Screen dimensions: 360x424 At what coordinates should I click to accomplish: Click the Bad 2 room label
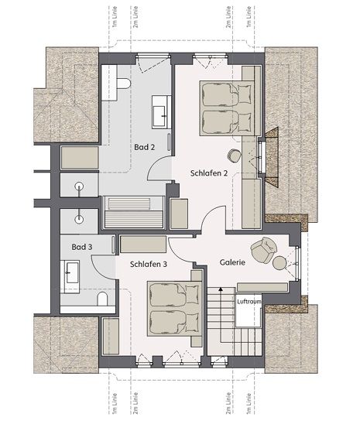pyautogui.click(x=145, y=147)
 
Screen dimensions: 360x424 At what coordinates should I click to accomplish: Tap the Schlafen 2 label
pyautogui.click(x=209, y=173)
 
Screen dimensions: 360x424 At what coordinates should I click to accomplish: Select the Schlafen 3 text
pyautogui.click(x=149, y=264)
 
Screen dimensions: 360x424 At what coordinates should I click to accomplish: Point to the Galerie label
pyautogui.click(x=232, y=262)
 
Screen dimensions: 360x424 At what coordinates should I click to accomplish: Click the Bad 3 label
pyautogui.click(x=82, y=247)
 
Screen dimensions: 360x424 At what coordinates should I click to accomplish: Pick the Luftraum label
pyautogui.click(x=249, y=302)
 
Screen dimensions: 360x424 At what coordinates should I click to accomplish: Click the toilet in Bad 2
pyautogui.click(x=124, y=84)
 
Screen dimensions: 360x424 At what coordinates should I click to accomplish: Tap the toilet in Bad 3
pyautogui.click(x=102, y=299)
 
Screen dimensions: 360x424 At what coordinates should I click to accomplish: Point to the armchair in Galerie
pyautogui.click(x=263, y=250)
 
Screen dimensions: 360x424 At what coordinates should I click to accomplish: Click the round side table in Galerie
pyautogui.click(x=279, y=263)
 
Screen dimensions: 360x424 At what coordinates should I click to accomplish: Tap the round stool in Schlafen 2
pyautogui.click(x=233, y=156)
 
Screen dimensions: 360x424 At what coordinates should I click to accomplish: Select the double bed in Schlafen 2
pyautogui.click(x=228, y=108)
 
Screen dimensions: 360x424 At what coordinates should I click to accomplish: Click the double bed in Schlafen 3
pyautogui.click(x=175, y=309)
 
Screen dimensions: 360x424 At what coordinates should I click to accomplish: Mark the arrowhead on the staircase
pyautogui.click(x=221, y=289)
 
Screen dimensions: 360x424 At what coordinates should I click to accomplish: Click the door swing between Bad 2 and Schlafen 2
pyautogui.click(x=159, y=168)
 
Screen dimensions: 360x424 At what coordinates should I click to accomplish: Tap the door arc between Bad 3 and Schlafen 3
pyautogui.click(x=104, y=267)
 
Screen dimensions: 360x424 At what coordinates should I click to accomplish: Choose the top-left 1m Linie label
pyautogui.click(x=115, y=17)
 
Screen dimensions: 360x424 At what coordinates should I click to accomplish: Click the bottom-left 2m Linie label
pyautogui.click(x=135, y=403)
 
